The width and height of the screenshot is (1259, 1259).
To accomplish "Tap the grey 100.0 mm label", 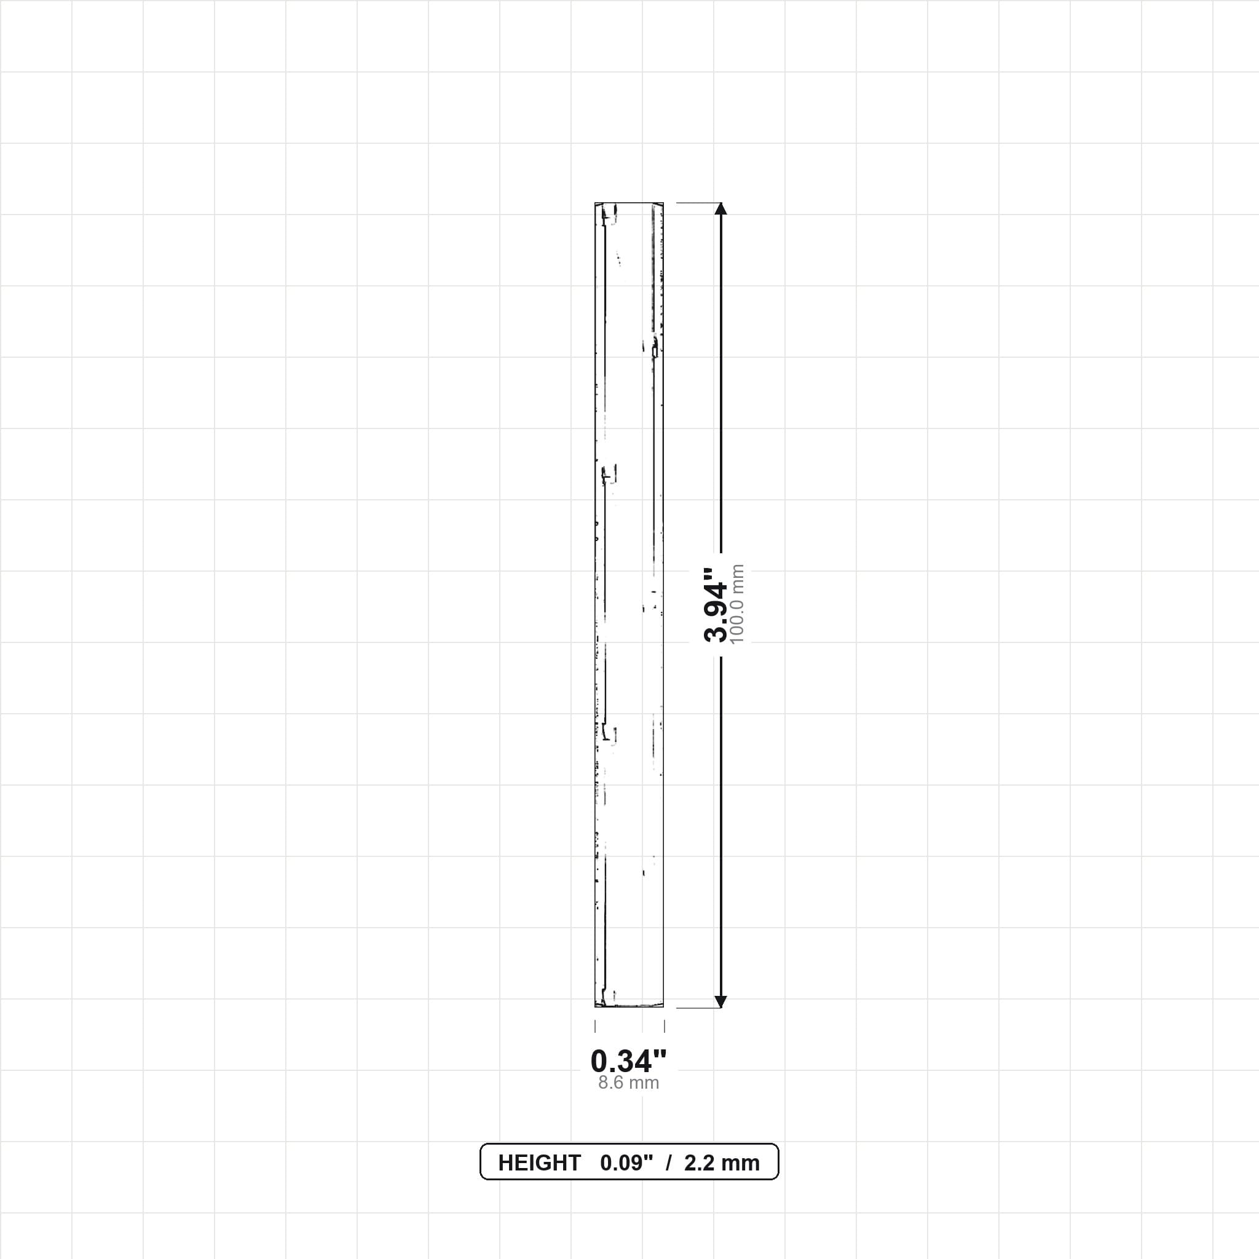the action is pos(737,604).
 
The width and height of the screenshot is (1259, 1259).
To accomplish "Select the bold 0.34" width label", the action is pos(629,1061).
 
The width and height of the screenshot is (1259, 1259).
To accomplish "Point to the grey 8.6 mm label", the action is pos(629,1083).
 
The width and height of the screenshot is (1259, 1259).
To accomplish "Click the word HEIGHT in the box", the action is pos(539,1163).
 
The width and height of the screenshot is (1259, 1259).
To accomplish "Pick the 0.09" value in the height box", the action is pos(626,1163).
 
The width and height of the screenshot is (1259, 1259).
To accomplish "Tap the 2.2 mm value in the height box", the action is pos(722,1163).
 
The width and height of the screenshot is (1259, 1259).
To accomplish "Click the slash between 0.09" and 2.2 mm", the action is pos(669,1163).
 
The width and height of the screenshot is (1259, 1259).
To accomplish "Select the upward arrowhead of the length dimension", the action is pos(720,208).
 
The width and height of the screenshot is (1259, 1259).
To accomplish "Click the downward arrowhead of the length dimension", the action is pos(720,1001).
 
